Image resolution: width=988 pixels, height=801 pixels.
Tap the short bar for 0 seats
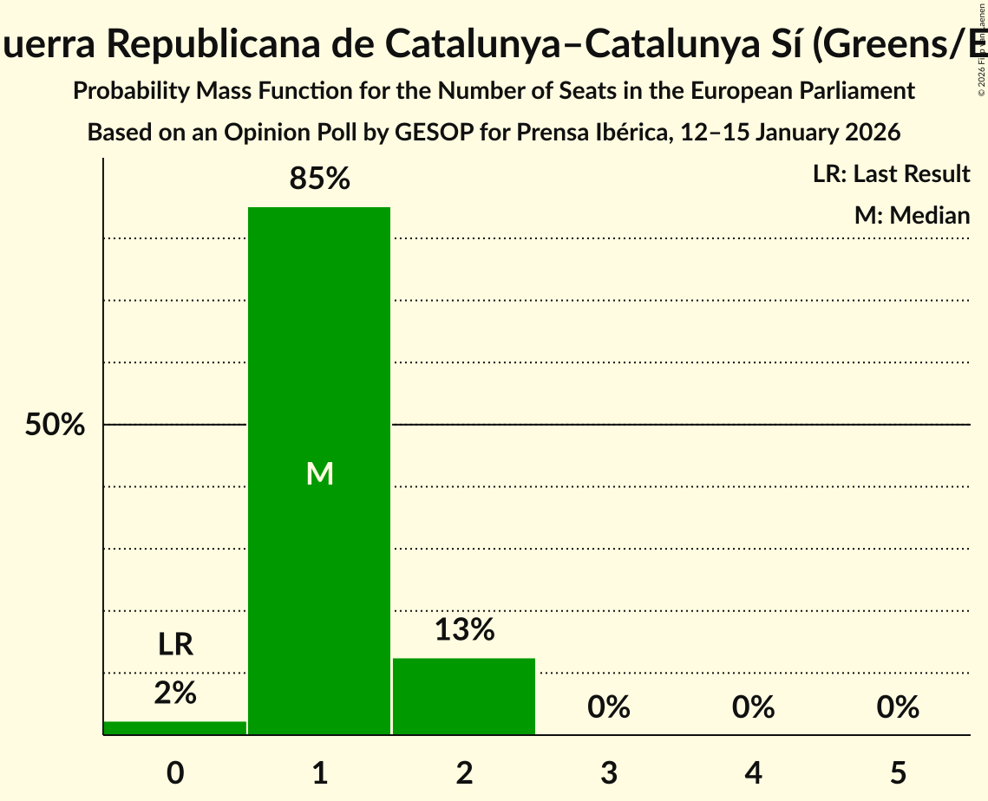pos(174,728)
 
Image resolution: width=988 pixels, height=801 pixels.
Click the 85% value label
pos(319,179)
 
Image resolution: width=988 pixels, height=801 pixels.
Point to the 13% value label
pos(464,630)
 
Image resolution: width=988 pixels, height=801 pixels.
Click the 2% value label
pos(174,693)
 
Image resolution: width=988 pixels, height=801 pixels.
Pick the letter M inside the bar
pos(319,473)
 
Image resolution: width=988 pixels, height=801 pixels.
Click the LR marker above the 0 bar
pos(174,644)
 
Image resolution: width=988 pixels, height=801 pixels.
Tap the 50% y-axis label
pos(55,426)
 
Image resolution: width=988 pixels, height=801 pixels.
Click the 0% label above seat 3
pos(608,707)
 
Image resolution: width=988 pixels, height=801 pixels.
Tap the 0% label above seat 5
pos(898,707)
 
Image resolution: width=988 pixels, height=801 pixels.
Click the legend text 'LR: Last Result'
pos(891,174)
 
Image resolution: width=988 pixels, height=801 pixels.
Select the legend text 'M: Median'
pos(912,215)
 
